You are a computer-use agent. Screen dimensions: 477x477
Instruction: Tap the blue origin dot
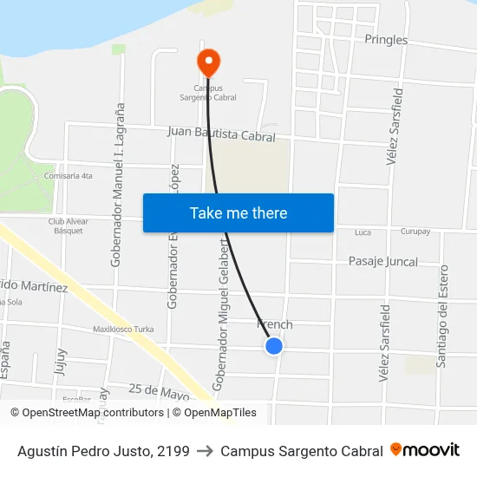click(x=274, y=346)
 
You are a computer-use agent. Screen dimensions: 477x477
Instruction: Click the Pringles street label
click(x=386, y=40)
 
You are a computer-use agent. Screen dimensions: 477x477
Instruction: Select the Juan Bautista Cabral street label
click(x=221, y=134)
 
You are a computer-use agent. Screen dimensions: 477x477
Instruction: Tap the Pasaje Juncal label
click(x=382, y=261)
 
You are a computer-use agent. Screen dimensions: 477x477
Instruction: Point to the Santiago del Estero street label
click(x=443, y=316)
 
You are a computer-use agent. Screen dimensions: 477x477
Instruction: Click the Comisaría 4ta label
click(x=69, y=176)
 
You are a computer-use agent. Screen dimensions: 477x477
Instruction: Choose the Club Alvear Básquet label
click(x=68, y=226)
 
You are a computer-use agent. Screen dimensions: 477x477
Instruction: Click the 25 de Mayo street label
click(x=159, y=393)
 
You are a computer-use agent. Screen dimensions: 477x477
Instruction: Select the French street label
click(x=276, y=324)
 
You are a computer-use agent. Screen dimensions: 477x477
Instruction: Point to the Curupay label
click(x=415, y=232)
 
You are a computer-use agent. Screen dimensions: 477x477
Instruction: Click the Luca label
click(x=363, y=232)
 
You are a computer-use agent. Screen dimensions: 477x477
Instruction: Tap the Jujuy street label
click(x=61, y=361)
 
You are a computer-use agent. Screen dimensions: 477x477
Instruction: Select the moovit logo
click(x=425, y=450)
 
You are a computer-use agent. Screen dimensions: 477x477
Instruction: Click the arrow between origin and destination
click(x=205, y=451)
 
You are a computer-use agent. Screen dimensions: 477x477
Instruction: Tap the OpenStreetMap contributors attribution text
click(x=93, y=413)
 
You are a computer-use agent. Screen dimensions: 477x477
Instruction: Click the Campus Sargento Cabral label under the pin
click(x=208, y=92)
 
